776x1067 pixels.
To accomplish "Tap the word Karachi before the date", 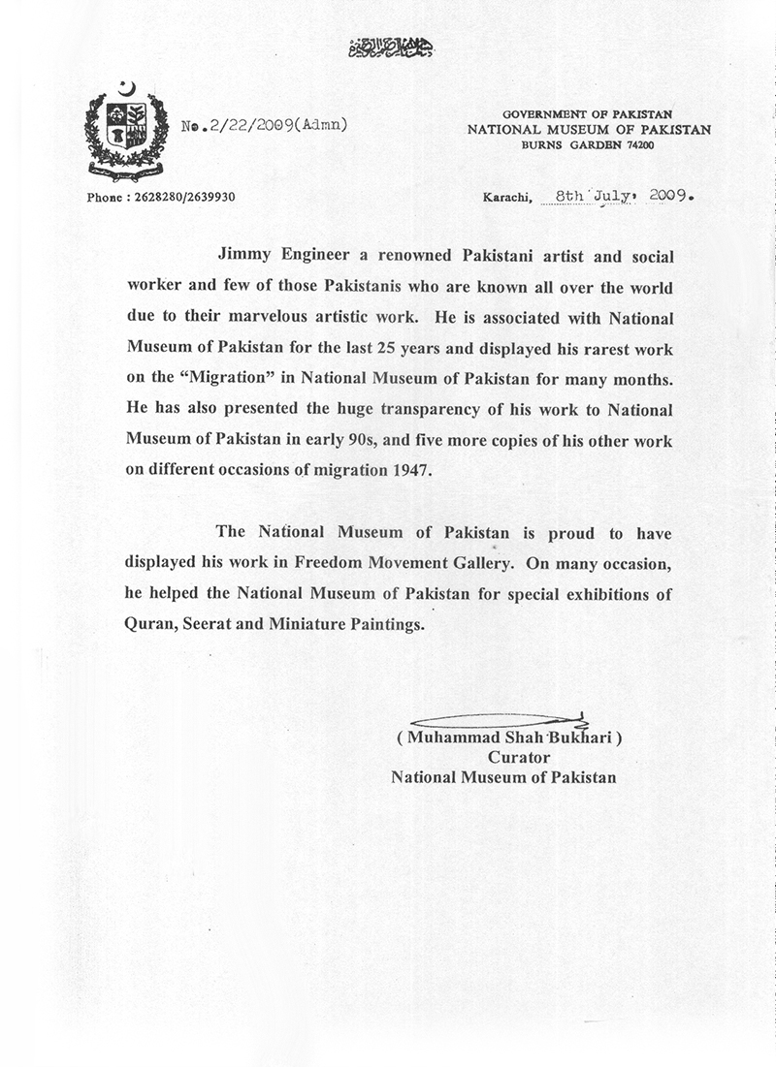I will (506, 197).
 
